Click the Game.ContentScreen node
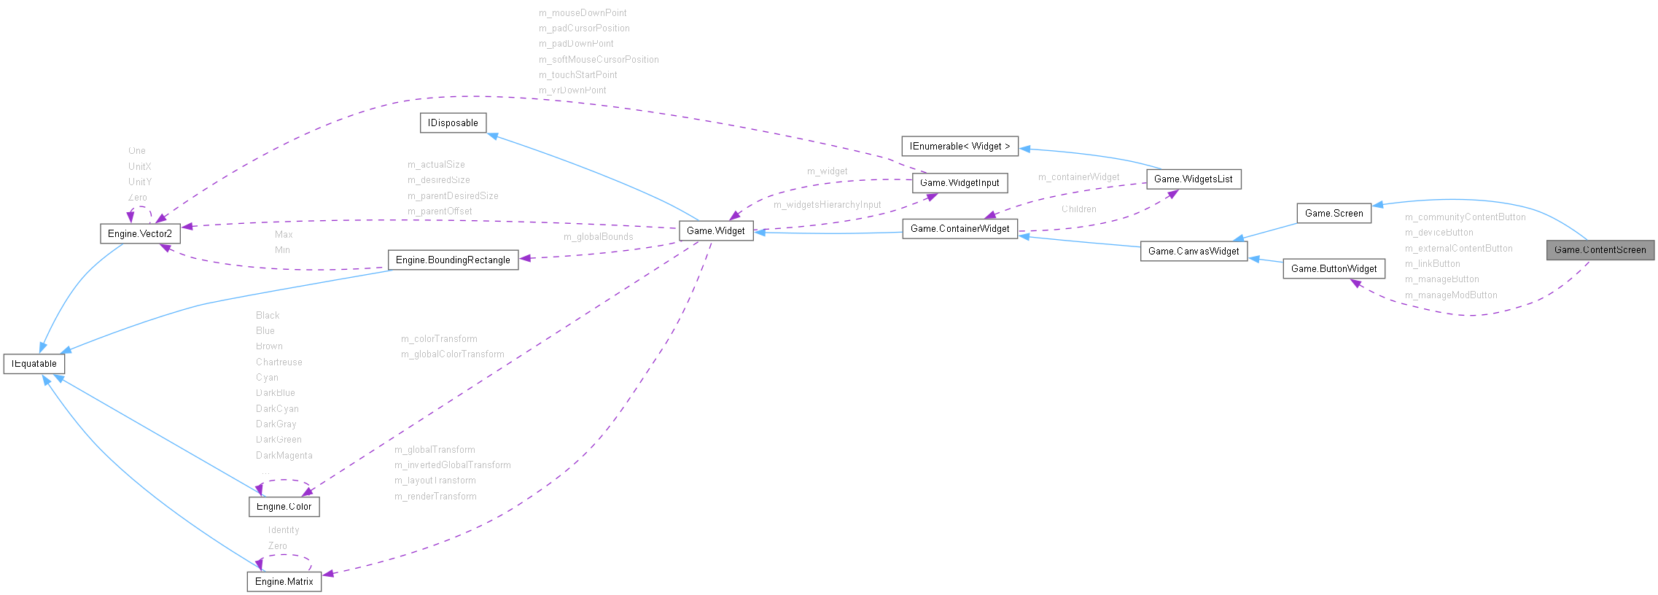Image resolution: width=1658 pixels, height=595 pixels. tap(1600, 250)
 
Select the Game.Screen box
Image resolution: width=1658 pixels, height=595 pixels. tap(1334, 214)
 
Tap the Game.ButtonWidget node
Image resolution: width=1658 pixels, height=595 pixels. tap(1334, 269)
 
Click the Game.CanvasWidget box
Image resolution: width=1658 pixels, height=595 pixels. tap(1194, 252)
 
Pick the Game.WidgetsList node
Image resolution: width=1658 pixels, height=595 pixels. tap(1193, 179)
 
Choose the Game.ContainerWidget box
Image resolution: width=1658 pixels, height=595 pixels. tap(960, 229)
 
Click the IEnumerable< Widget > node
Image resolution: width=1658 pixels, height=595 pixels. tap(960, 147)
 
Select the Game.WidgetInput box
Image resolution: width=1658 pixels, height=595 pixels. tap(960, 183)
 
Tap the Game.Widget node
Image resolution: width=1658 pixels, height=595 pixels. tap(715, 231)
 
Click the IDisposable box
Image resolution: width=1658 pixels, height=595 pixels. tap(453, 123)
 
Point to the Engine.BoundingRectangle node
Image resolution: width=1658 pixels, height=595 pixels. tap(453, 260)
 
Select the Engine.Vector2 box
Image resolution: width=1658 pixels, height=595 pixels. tap(139, 234)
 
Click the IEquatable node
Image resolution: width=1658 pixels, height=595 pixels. tap(34, 364)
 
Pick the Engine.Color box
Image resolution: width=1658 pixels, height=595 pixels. tap(284, 507)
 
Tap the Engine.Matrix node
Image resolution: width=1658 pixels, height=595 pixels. tap(284, 582)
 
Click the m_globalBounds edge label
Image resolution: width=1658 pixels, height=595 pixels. tap(598, 237)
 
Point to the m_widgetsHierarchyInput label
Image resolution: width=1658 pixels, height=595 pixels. tap(827, 205)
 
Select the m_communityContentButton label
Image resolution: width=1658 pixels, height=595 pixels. tap(1465, 217)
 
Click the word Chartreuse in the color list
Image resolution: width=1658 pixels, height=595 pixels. tap(279, 362)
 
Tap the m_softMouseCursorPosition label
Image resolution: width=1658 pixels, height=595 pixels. tap(598, 60)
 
